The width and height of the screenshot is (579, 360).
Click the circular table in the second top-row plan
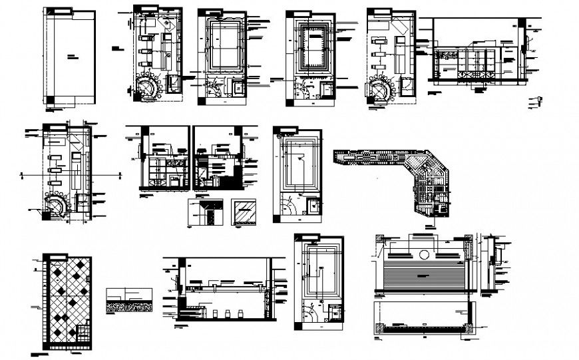(149, 87)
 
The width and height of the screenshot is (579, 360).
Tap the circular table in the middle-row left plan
(55, 206)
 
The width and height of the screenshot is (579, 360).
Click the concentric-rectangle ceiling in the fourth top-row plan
(312, 46)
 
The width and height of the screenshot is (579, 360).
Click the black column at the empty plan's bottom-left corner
(51, 99)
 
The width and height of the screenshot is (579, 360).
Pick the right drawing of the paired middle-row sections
(218, 160)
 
